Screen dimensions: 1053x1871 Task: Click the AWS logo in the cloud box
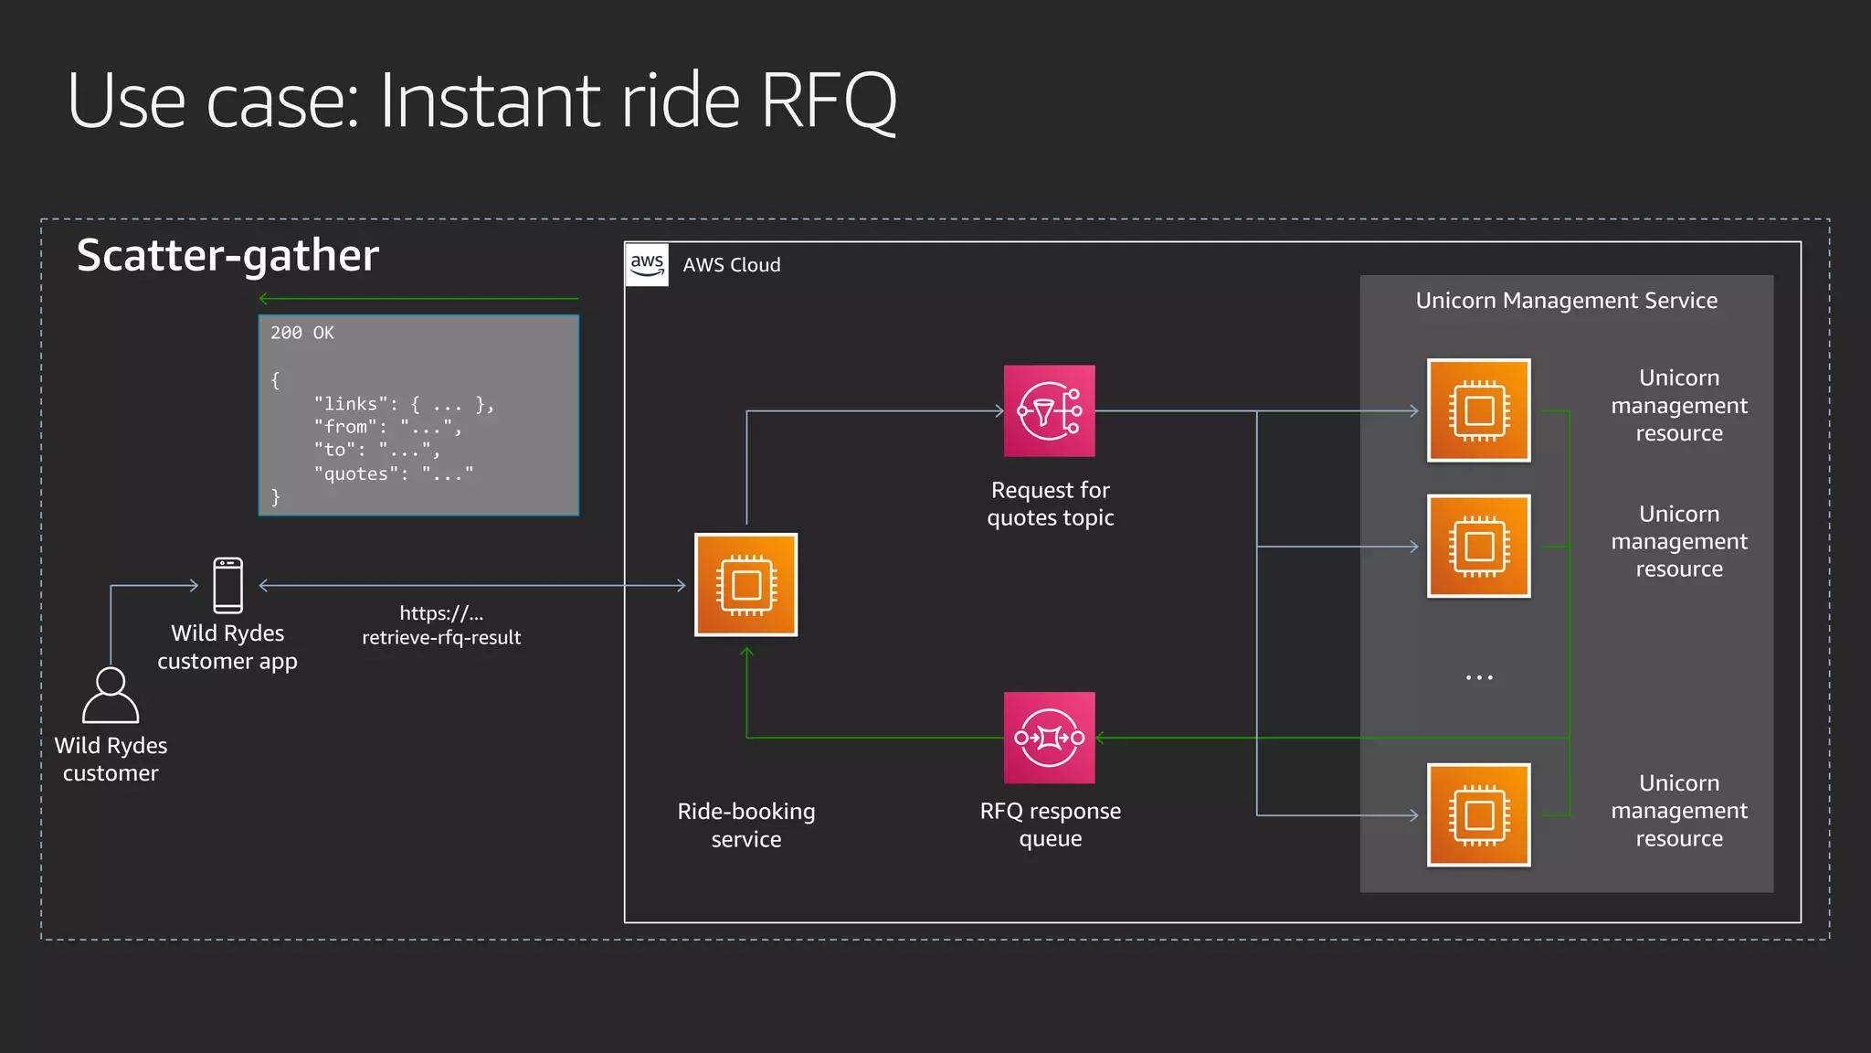tap(647, 264)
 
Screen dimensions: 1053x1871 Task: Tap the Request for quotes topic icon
tap(1049, 411)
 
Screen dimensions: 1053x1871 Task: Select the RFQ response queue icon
tap(1049, 738)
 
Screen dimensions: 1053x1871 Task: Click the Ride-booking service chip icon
tap(746, 585)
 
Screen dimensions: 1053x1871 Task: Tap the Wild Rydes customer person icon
tap(111, 696)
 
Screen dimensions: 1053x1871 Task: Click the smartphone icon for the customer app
tap(227, 585)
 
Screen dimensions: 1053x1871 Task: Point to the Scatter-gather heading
tap(227, 255)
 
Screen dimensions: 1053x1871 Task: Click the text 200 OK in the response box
tap(302, 333)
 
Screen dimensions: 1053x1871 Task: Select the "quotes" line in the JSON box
tap(394, 473)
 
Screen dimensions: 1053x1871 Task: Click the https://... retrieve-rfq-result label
tap(441, 625)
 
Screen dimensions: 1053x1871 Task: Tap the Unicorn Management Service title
tap(1566, 301)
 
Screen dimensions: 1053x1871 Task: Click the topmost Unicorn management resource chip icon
tap(1478, 410)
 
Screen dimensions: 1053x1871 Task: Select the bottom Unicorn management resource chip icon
tap(1478, 814)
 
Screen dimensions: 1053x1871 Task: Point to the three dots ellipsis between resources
tap(1478, 677)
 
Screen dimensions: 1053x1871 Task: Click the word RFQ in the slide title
tap(828, 101)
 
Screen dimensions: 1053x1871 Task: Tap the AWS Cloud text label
tap(732, 265)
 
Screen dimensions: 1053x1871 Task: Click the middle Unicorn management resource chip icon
tap(1478, 547)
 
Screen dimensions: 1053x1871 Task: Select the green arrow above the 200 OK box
tap(418, 298)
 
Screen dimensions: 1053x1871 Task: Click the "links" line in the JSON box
tap(403, 404)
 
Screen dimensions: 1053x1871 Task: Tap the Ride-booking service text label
tap(746, 824)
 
